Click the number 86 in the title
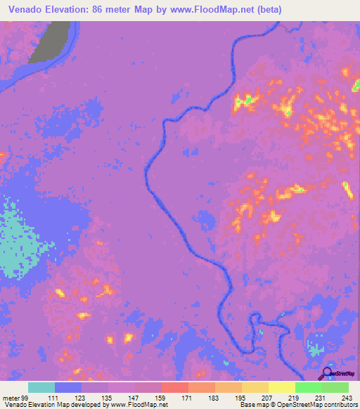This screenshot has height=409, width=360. pos(106,9)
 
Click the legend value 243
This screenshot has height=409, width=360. pos(347,398)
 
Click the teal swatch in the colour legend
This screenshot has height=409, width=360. pos(41,387)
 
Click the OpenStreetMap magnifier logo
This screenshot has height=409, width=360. pos(328,374)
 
